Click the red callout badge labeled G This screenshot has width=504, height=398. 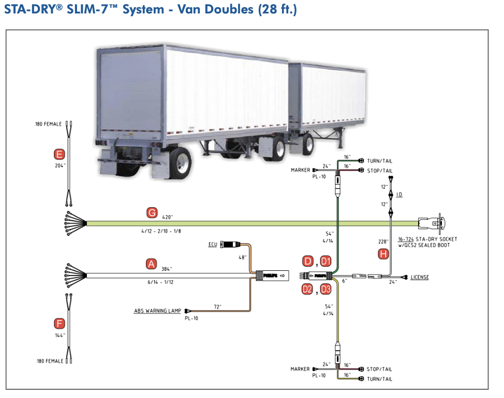pos(152,212)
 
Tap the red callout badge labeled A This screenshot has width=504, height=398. pos(151,264)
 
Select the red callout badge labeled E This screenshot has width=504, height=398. pos(60,154)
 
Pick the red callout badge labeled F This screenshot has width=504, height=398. pos(60,324)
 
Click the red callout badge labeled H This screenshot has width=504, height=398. pos(383,254)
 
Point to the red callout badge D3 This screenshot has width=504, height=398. pos(325,289)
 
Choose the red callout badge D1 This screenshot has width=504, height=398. pos(325,261)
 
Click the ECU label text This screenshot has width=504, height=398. pos(213,244)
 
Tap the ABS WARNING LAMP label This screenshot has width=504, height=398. pos(157,311)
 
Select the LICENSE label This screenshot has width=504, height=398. pos(420,278)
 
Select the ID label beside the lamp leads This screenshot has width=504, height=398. pos(399,195)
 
